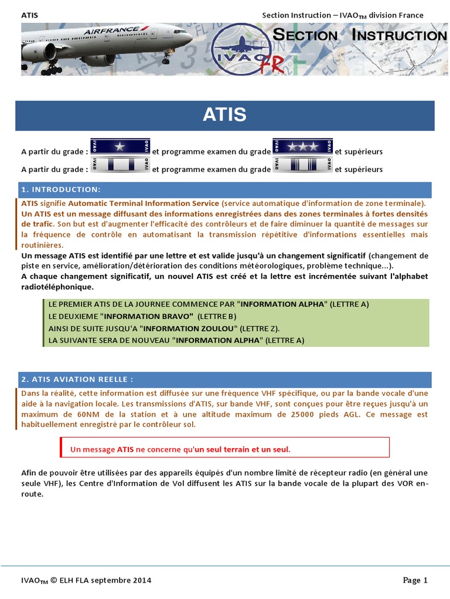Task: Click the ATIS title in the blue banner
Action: click(x=224, y=115)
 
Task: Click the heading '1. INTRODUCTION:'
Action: click(x=61, y=190)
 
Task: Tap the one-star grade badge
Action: click(x=120, y=147)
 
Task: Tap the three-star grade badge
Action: click(x=304, y=147)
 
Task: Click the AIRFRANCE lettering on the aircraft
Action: click(x=112, y=30)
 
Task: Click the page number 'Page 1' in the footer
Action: click(x=415, y=580)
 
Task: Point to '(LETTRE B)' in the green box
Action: click(x=216, y=316)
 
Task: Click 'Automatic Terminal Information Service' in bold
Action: click(x=144, y=203)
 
